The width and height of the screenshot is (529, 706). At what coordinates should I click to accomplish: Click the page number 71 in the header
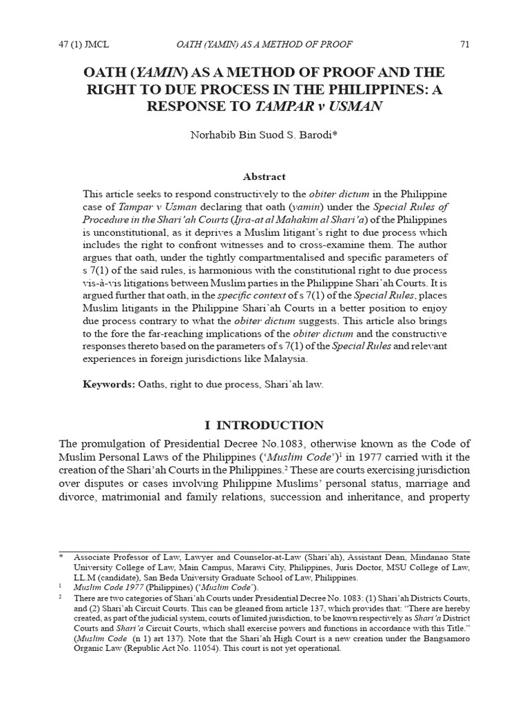click(x=464, y=45)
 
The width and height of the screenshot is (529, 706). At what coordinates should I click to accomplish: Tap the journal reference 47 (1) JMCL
click(x=85, y=45)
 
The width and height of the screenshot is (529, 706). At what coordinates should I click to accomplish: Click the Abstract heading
click(x=264, y=176)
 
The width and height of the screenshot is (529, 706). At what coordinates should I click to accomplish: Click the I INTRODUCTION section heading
click(x=264, y=425)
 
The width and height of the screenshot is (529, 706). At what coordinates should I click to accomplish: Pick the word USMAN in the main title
click(x=356, y=107)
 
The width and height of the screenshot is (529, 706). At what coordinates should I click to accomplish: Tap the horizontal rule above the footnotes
click(x=264, y=551)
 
